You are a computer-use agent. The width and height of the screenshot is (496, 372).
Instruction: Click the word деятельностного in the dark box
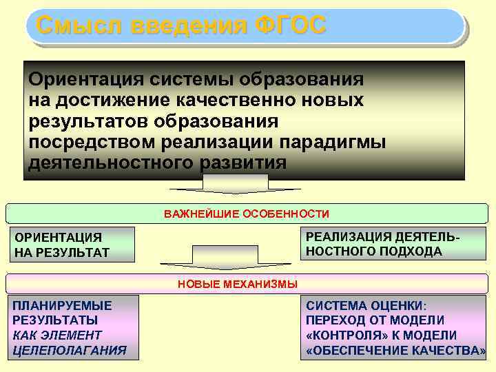(x=111, y=163)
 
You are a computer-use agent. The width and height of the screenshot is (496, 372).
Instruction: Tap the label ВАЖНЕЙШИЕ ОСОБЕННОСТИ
(x=247, y=214)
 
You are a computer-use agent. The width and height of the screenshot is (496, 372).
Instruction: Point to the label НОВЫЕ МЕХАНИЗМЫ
(x=238, y=284)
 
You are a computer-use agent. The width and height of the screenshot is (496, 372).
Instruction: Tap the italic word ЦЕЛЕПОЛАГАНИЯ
(x=70, y=350)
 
